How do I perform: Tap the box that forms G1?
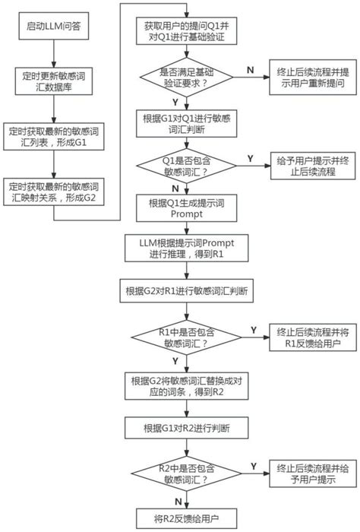52,137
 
